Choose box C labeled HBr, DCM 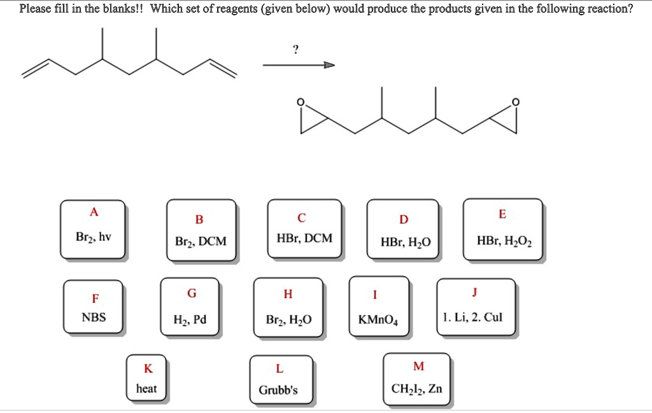pyautogui.click(x=304, y=229)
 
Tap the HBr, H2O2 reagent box pyautogui.click(x=502, y=230)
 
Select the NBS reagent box pyautogui.click(x=94, y=307)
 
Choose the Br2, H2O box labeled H pyautogui.click(x=288, y=308)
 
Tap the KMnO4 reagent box pyautogui.click(x=379, y=308)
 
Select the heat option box pyautogui.click(x=146, y=379)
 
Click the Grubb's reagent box pyautogui.click(x=278, y=381)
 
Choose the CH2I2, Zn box pyautogui.click(x=418, y=379)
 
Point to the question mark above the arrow pyautogui.click(x=295, y=50)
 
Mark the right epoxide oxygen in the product pyautogui.click(x=516, y=102)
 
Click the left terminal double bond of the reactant pyautogui.click(x=36, y=69)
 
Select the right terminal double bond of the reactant pyautogui.click(x=223, y=69)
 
